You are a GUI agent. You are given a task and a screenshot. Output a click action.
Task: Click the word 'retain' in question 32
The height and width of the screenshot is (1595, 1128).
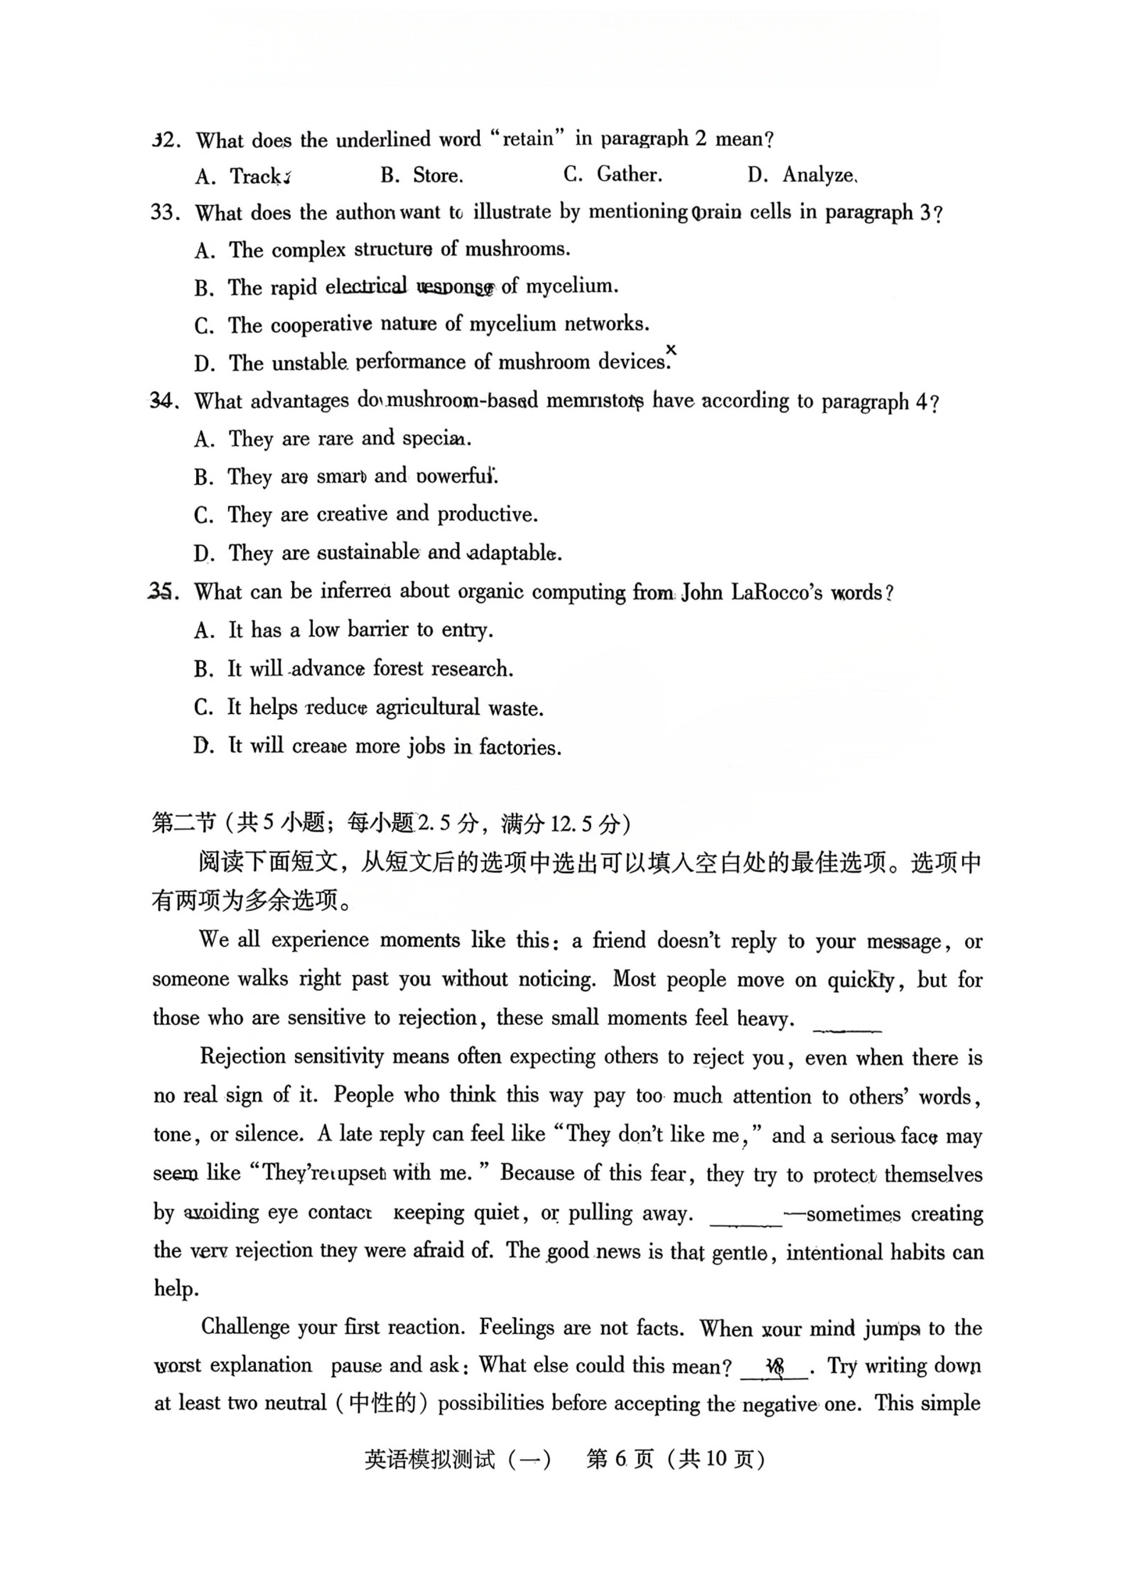[x=528, y=139]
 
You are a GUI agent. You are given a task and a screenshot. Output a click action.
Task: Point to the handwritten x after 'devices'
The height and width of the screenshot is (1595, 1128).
[x=671, y=350]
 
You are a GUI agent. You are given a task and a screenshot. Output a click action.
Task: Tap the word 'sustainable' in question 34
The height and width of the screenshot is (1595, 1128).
[x=368, y=553]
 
